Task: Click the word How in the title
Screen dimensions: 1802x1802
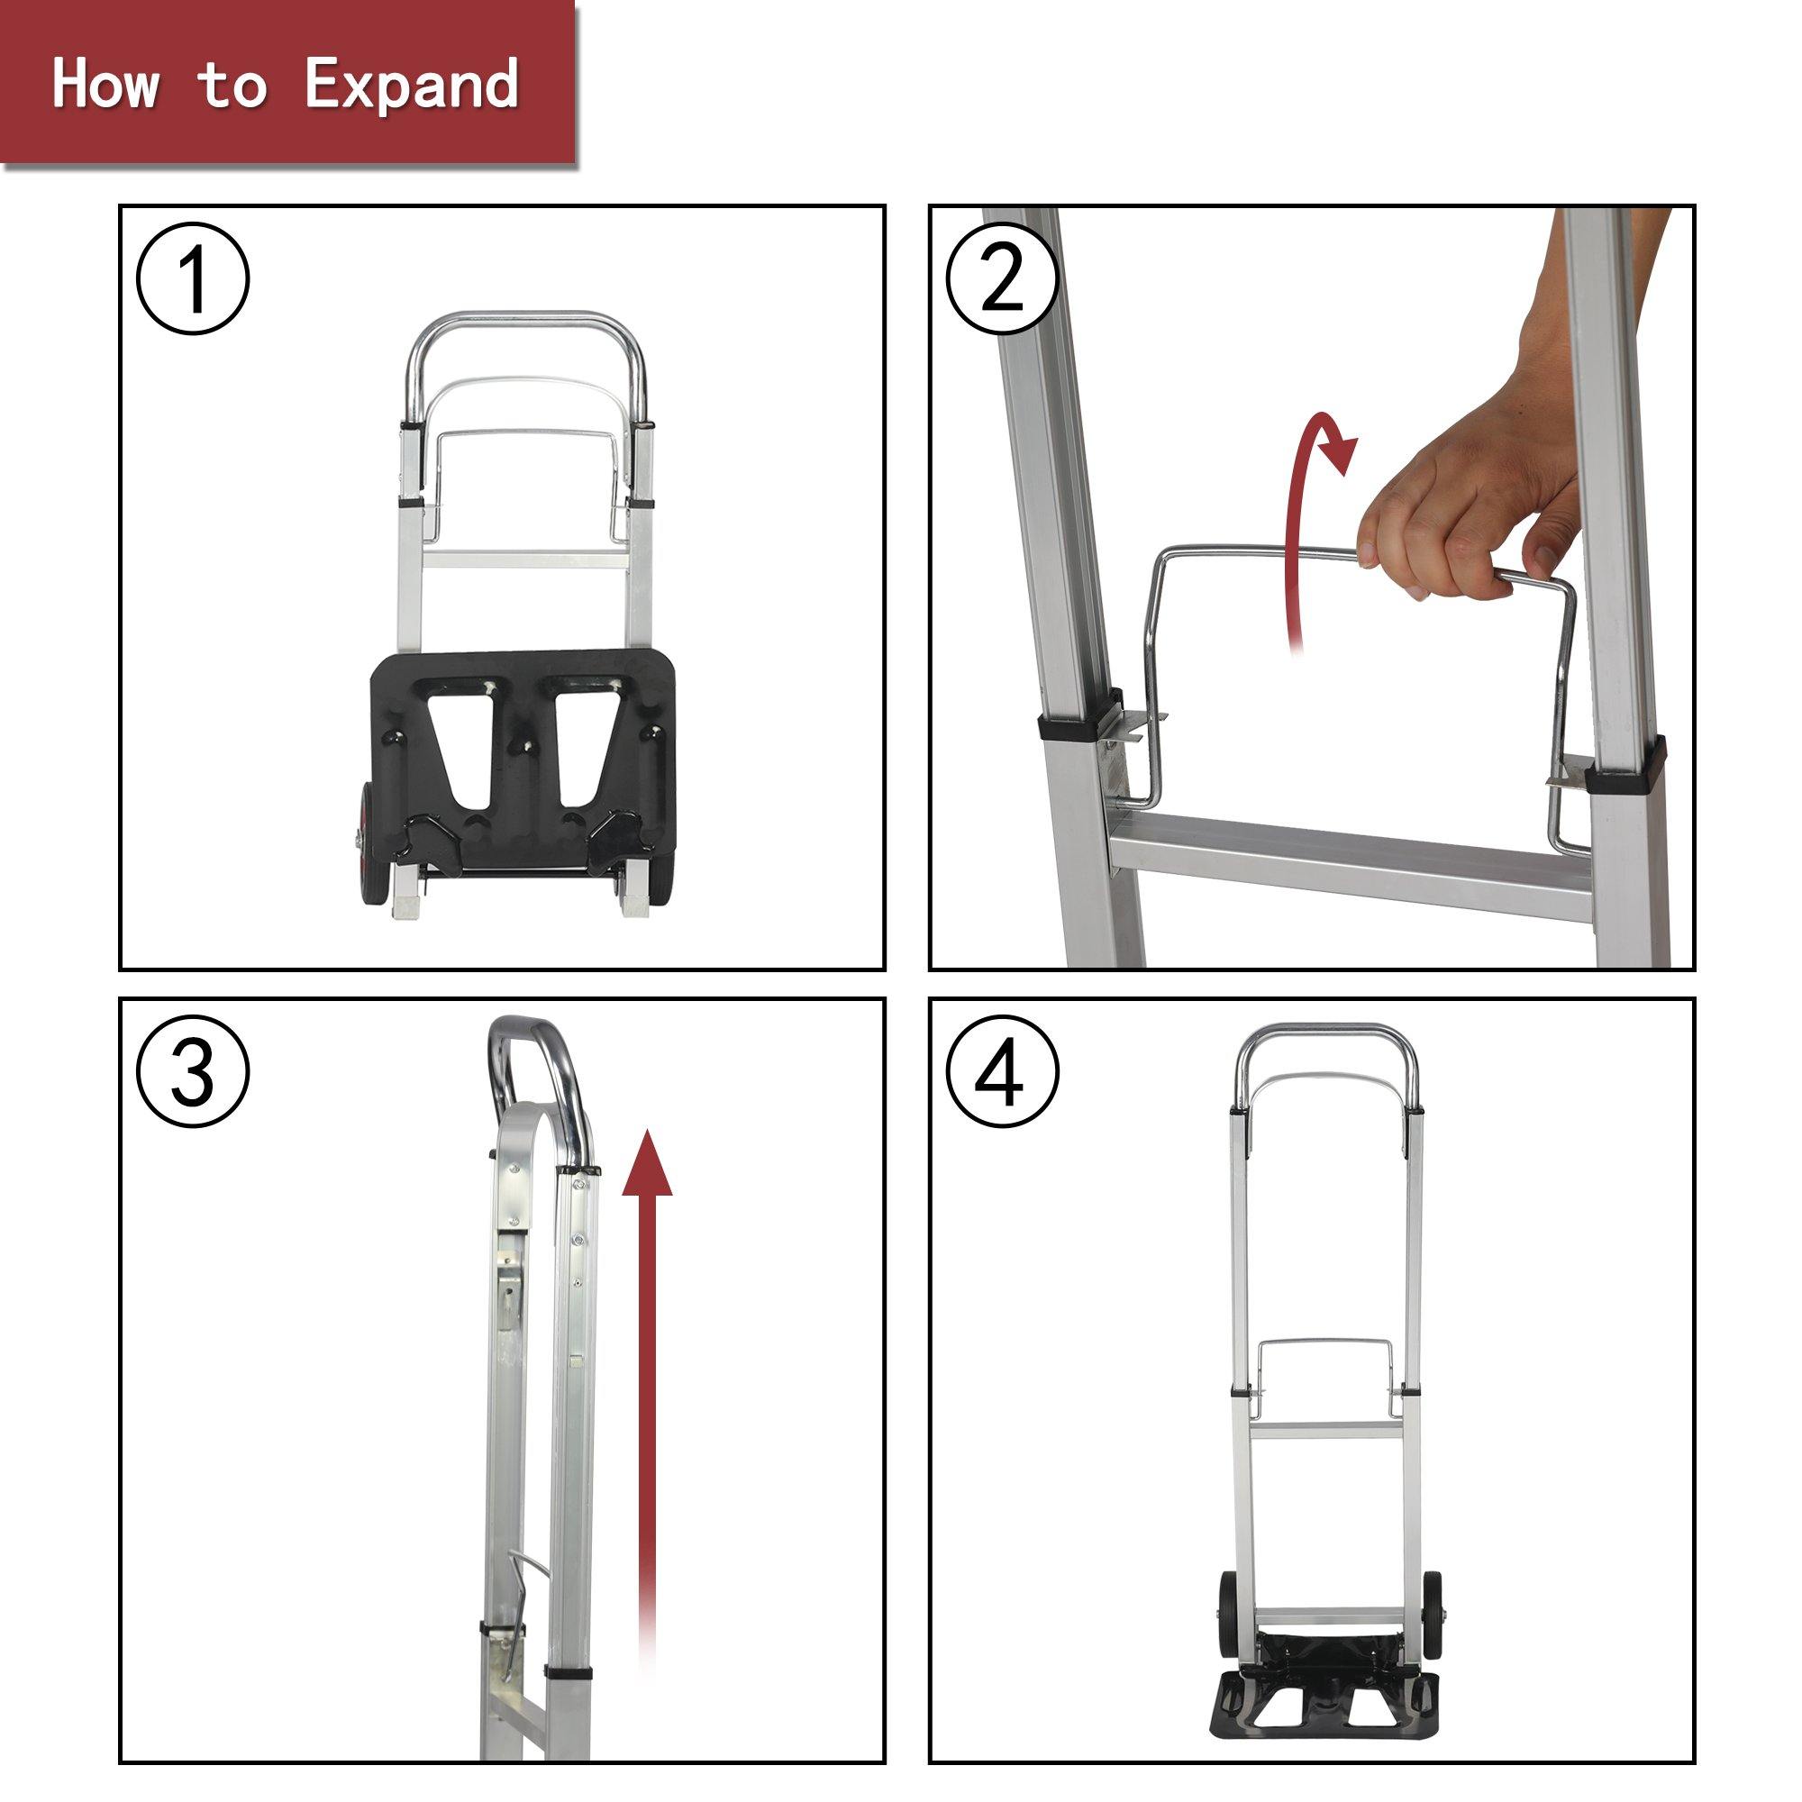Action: [105, 84]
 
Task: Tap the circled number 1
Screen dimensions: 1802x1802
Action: [193, 279]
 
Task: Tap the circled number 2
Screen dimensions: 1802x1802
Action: [1003, 279]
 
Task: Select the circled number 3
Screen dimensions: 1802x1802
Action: [193, 1072]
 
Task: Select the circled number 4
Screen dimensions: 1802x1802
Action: [1003, 1072]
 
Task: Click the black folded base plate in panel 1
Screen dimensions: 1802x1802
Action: [523, 746]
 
